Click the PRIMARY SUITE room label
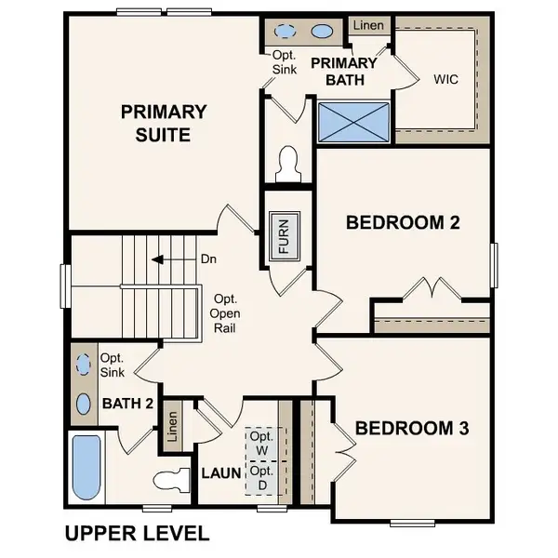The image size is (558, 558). pyautogui.click(x=163, y=124)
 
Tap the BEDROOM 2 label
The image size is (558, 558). pyautogui.click(x=403, y=223)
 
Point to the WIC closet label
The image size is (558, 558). pyautogui.click(x=446, y=80)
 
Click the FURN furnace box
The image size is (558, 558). pyautogui.click(x=285, y=236)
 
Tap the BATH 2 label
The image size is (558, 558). pyautogui.click(x=127, y=404)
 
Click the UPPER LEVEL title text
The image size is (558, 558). pyautogui.click(x=137, y=535)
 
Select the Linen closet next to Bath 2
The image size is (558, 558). pyautogui.click(x=172, y=429)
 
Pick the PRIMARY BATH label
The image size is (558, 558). pyautogui.click(x=343, y=72)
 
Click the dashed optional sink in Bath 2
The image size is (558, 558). pyautogui.click(x=84, y=365)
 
